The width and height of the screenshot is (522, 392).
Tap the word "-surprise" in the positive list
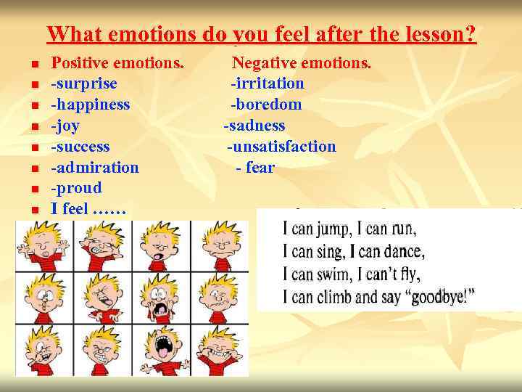[x=83, y=84]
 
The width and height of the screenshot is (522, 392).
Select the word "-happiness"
[x=90, y=105]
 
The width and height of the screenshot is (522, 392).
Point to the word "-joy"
[x=65, y=126]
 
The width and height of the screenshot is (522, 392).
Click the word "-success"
[x=80, y=147]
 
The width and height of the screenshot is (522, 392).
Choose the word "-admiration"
[x=94, y=168]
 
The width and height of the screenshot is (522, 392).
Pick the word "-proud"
[x=76, y=189]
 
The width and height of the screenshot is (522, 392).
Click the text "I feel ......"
[x=88, y=210]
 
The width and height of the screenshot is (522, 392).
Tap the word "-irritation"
[x=268, y=84]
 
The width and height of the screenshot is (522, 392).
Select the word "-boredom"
[x=266, y=105]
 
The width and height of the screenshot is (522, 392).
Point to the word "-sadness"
[x=254, y=126]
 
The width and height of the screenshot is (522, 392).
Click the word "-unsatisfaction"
[x=281, y=147]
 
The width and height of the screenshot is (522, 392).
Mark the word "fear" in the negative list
[x=260, y=168]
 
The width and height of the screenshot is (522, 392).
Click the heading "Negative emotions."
[x=301, y=64]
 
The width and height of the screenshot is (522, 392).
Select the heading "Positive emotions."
[x=117, y=64]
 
